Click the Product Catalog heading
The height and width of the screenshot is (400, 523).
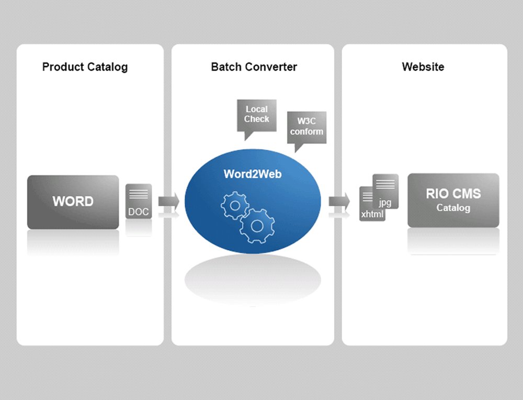click(85, 67)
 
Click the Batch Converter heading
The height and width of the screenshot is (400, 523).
click(254, 67)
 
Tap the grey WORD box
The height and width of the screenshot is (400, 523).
click(73, 202)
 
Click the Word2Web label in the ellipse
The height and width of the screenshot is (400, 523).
click(252, 174)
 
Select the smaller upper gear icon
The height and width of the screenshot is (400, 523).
click(235, 205)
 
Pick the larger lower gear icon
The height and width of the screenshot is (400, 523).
click(257, 226)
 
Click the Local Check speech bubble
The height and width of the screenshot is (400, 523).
click(256, 114)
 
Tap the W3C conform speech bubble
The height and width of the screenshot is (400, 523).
click(306, 127)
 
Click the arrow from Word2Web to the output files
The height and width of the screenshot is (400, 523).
click(339, 200)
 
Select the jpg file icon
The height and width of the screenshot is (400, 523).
click(386, 192)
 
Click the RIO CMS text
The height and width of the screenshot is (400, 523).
click(453, 194)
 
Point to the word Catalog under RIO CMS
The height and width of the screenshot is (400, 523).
click(453, 208)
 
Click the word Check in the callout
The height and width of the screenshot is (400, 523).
click(256, 119)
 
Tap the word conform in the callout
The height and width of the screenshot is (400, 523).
click(306, 132)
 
